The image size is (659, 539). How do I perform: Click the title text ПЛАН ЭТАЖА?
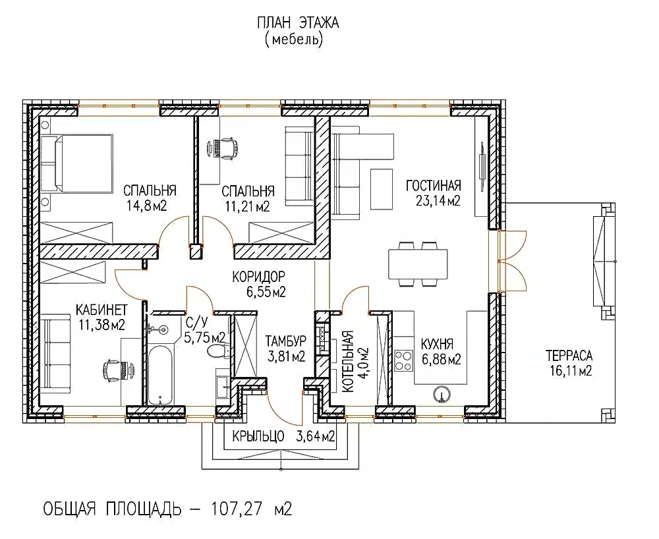click(x=298, y=22)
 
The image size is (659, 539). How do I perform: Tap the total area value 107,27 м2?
click(x=251, y=509)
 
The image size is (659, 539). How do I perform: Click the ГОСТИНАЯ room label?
click(x=434, y=185)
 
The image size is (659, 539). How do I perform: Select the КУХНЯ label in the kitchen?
click(x=437, y=345)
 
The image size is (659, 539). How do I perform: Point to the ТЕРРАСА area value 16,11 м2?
click(x=570, y=370)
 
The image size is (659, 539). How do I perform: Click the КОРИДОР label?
click(x=258, y=277)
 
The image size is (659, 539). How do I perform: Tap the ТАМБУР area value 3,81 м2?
click(x=286, y=356)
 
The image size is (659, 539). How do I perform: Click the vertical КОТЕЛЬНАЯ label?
click(x=348, y=362)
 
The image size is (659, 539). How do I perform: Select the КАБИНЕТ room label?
click(x=101, y=310)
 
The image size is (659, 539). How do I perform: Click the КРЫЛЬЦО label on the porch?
click(x=258, y=437)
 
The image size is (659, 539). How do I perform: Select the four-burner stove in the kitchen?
click(x=403, y=361)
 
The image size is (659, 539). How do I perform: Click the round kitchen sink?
click(x=442, y=395)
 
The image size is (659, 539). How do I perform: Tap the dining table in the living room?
click(x=418, y=264)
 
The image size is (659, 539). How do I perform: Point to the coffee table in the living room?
click(x=381, y=188)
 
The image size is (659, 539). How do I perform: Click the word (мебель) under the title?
click(x=294, y=40)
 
